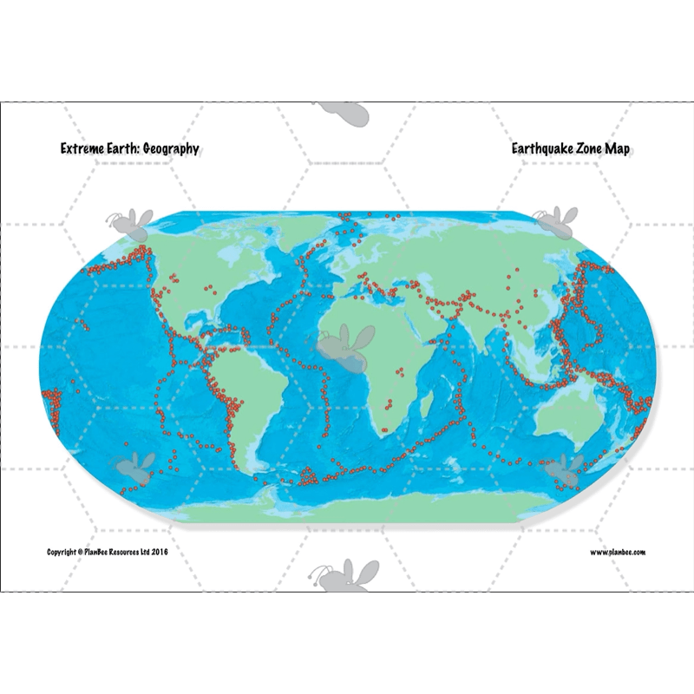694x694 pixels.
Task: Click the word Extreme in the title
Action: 80,149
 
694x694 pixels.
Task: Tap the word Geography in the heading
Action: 169,149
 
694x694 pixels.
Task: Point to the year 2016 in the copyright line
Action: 159,552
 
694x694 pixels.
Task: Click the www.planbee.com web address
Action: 618,552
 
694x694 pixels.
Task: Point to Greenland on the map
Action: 299,227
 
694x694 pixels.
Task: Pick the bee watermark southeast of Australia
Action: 566,468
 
